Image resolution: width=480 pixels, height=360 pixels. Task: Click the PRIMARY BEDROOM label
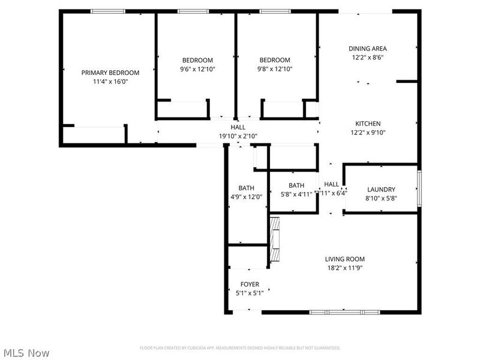(110, 73)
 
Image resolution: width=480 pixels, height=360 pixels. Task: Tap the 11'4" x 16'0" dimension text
(110, 82)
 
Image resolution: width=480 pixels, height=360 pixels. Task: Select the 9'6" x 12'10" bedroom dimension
(197, 69)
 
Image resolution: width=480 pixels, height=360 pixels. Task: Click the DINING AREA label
(367, 49)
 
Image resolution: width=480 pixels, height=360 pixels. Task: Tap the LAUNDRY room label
(381, 190)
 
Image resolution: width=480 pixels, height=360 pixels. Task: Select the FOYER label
(250, 284)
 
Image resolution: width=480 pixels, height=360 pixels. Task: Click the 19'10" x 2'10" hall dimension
(238, 136)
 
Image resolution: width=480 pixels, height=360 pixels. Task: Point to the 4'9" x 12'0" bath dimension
(246, 196)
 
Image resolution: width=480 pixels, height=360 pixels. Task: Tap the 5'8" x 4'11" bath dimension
(296, 194)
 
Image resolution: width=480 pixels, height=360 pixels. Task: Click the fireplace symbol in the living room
(275, 239)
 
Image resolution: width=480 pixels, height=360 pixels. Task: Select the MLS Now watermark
(26, 353)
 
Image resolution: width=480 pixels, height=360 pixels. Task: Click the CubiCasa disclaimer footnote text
(240, 348)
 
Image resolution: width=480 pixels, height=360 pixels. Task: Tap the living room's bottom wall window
(345, 312)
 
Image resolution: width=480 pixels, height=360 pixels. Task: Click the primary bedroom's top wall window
(108, 11)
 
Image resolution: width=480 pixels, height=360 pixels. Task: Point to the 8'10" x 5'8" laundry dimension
(381, 198)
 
